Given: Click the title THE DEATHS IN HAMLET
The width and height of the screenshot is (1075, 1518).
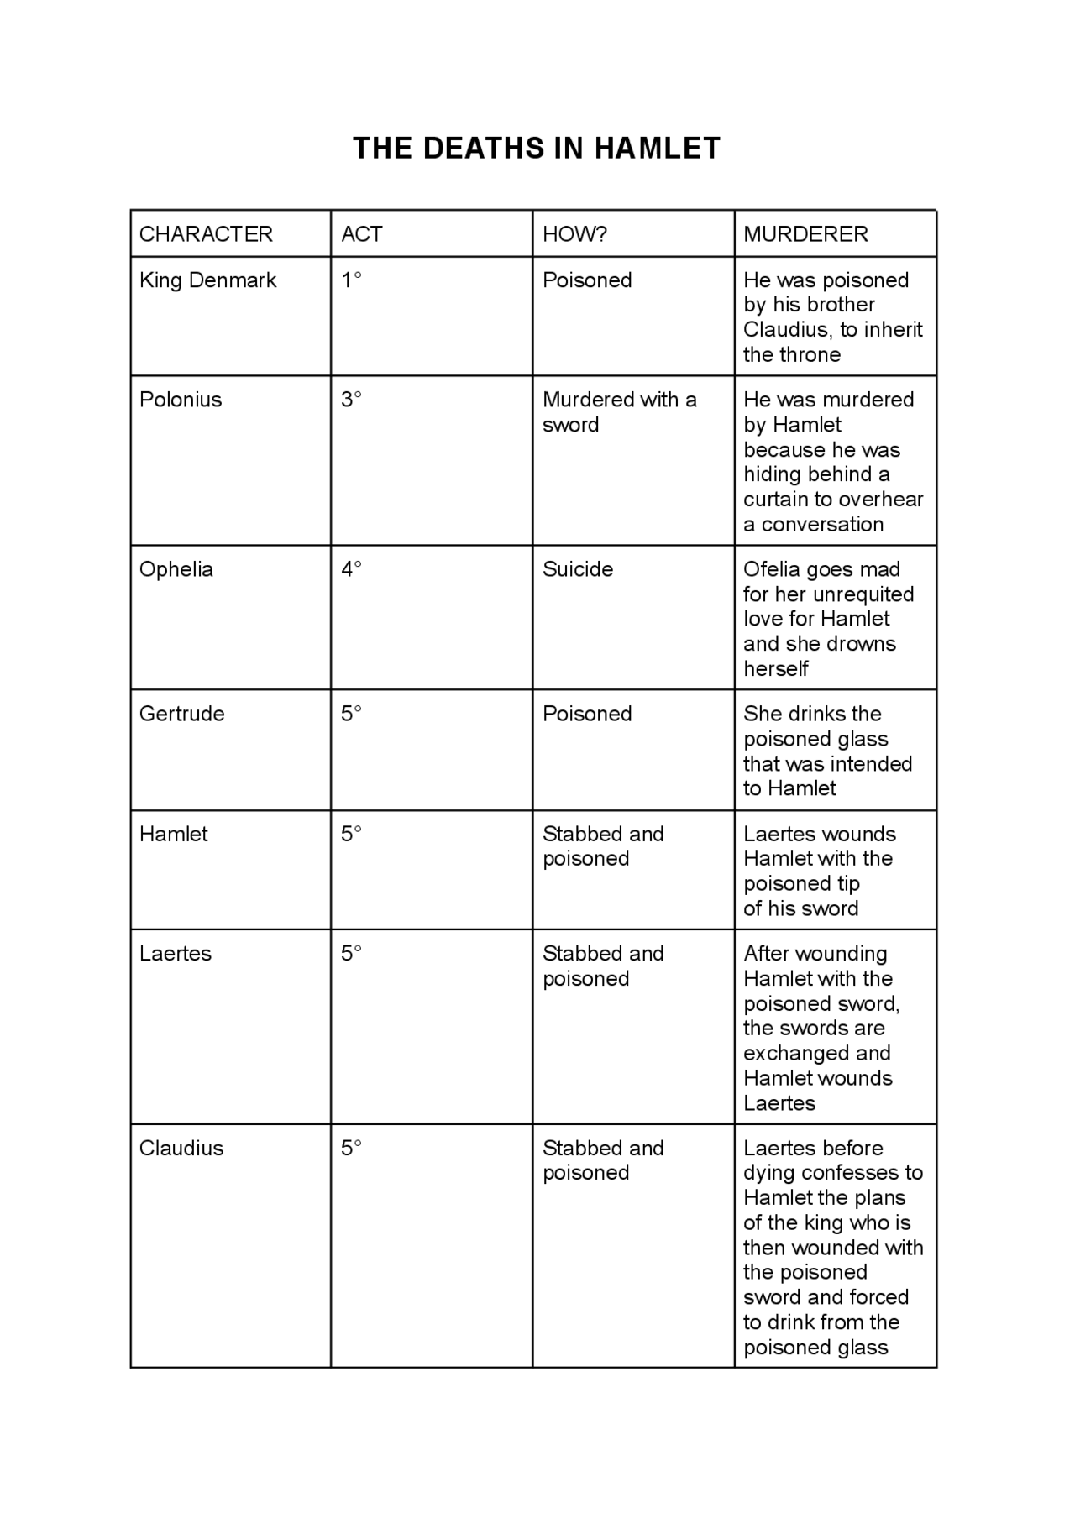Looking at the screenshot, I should [x=537, y=149].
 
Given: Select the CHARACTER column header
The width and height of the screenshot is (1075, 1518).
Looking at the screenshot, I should [x=206, y=234].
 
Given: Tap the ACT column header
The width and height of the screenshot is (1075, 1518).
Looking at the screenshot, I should [x=362, y=234].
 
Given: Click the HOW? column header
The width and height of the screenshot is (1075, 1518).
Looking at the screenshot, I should [x=574, y=234].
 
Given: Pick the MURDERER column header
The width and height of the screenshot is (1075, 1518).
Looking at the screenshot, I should [x=805, y=234].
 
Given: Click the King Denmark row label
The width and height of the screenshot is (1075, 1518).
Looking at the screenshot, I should [x=207, y=280].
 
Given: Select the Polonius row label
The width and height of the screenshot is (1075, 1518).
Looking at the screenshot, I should [x=181, y=400].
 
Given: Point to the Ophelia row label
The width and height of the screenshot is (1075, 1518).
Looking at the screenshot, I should [x=176, y=569].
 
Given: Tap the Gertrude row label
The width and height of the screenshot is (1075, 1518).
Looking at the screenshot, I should [x=182, y=714].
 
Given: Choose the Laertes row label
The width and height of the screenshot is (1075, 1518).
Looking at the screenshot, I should [x=176, y=954].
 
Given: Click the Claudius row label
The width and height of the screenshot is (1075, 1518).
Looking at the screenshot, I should [x=181, y=1149].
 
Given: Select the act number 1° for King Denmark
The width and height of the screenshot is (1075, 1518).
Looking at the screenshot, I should [x=351, y=280].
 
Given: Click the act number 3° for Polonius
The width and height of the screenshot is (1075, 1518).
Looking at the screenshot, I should [x=351, y=400].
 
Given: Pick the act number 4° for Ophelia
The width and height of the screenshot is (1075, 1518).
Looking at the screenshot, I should [x=351, y=569].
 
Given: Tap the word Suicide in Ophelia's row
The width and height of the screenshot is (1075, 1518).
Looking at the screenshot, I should [x=578, y=569].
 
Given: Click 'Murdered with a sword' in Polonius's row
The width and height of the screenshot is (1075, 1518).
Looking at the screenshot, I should [x=619, y=412].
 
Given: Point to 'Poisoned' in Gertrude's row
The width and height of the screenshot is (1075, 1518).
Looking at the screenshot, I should [x=587, y=714].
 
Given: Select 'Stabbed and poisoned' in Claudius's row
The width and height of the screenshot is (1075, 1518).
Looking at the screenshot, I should [x=603, y=1160].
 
